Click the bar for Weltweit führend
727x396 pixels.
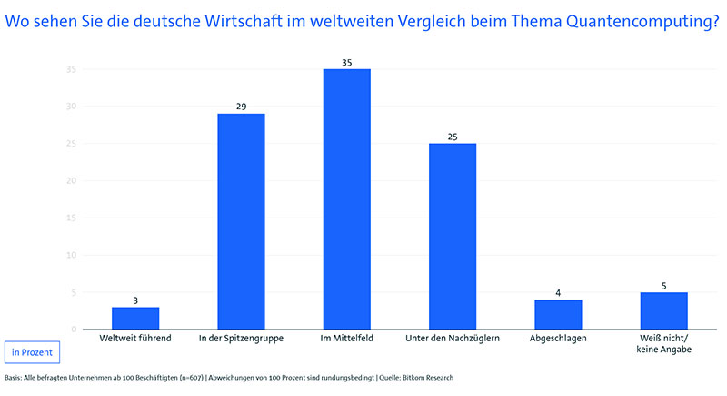(x=135, y=319)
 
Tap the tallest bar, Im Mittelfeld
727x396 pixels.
(x=347, y=199)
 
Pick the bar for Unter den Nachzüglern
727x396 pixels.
(x=453, y=237)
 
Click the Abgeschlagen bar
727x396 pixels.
(x=558, y=315)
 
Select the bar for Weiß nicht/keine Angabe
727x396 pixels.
(x=663, y=311)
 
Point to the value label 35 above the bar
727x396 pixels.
(x=347, y=62)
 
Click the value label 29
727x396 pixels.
(x=241, y=107)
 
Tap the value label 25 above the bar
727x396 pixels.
(x=453, y=137)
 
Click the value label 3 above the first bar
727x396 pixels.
(x=135, y=300)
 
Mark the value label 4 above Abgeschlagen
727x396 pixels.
(x=558, y=293)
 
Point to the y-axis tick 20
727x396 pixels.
(x=70, y=181)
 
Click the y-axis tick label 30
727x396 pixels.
(x=70, y=107)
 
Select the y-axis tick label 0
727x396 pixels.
(x=73, y=330)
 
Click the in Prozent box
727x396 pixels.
(x=33, y=351)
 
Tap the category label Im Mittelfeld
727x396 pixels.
(x=347, y=339)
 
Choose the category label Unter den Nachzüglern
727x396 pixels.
(x=453, y=339)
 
